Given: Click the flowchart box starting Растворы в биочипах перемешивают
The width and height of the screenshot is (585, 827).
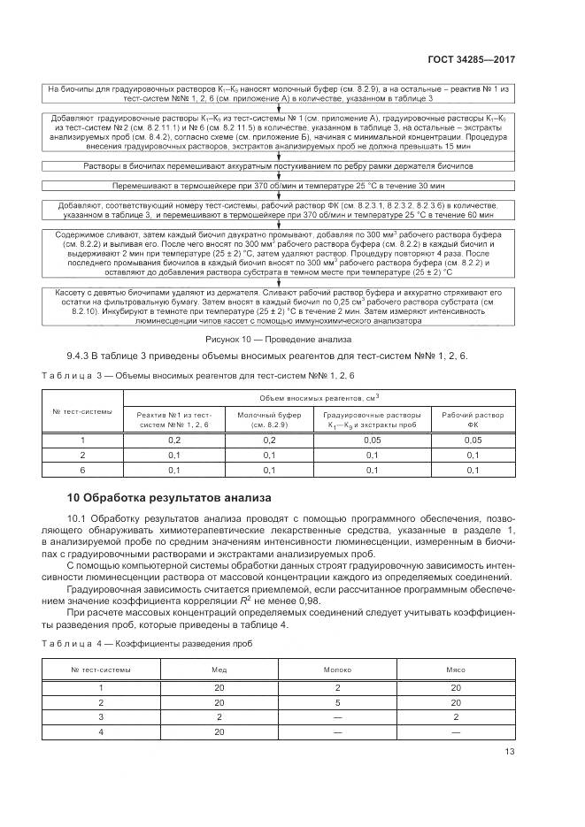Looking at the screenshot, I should click(x=281, y=166).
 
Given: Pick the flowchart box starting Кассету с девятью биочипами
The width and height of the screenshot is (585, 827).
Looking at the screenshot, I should click(x=281, y=306).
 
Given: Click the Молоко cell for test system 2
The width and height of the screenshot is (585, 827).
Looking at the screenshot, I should click(x=338, y=701).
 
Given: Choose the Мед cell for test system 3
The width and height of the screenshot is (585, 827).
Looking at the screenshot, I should click(x=220, y=716).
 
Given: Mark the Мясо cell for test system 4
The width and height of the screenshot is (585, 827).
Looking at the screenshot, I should click(x=455, y=731).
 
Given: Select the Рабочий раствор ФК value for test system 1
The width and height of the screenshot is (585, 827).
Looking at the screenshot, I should click(x=473, y=440).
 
